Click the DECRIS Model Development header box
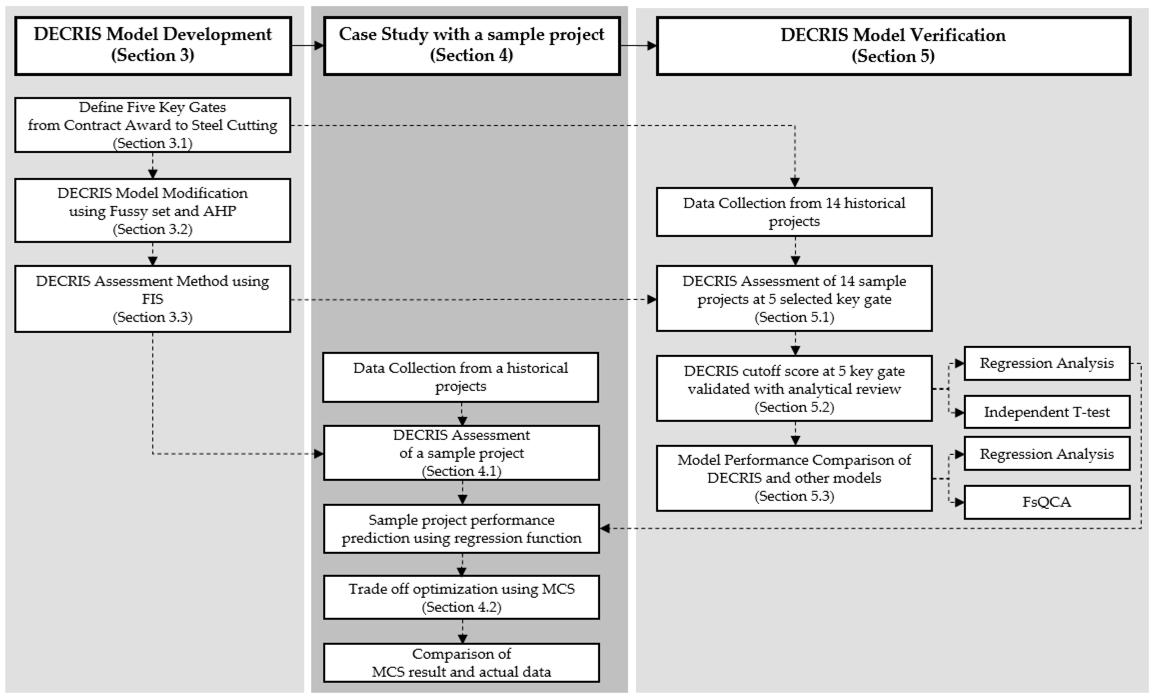pyautogui.click(x=153, y=46)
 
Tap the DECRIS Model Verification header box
pyautogui.click(x=893, y=46)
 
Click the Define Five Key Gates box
pyautogui.click(x=153, y=125)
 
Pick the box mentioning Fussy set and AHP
pyautogui.click(x=153, y=210)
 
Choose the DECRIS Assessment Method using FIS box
pyautogui.click(x=153, y=299)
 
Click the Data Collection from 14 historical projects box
pyautogui.click(x=794, y=212)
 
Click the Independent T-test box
pyautogui.click(x=1047, y=412)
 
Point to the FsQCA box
pyautogui.click(x=1047, y=502)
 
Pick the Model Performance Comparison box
pyautogui.click(x=794, y=478)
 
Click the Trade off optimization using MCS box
pyautogui.click(x=462, y=597)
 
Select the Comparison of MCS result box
pyautogui.click(x=462, y=662)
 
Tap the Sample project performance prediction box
pyautogui.click(x=462, y=529)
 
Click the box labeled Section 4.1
pyautogui.click(x=462, y=453)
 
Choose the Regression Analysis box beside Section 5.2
pyautogui.click(x=1047, y=363)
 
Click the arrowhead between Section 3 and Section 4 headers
pyautogui.click(x=319, y=46)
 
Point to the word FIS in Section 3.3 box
pyautogui.click(x=153, y=299)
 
